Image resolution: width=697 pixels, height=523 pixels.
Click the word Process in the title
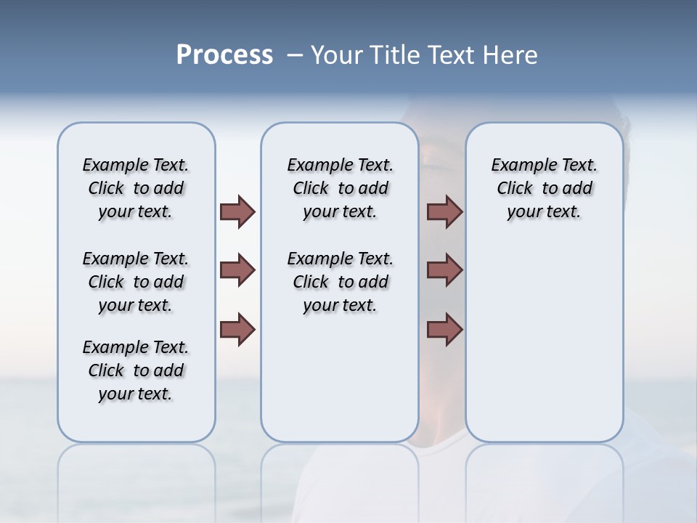pyautogui.click(x=224, y=54)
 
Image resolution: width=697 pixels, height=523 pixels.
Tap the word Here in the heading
pyautogui.click(x=510, y=54)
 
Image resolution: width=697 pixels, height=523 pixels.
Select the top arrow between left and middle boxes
pyautogui.click(x=237, y=212)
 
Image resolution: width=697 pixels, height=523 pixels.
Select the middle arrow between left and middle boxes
pyautogui.click(x=237, y=271)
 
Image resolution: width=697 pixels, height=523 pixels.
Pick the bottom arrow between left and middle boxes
pyautogui.click(x=237, y=330)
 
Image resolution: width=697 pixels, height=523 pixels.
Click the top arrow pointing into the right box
pyautogui.click(x=444, y=212)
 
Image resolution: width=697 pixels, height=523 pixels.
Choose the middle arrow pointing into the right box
pyautogui.click(x=444, y=271)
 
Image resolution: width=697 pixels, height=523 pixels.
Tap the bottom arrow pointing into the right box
pyautogui.click(x=444, y=330)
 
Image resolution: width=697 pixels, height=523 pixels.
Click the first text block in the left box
pyautogui.click(x=136, y=189)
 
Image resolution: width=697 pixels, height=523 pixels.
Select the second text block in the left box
pyautogui.click(x=136, y=282)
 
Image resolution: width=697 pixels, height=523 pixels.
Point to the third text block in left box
pyautogui.click(x=136, y=370)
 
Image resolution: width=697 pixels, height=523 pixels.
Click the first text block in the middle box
pyautogui.click(x=340, y=189)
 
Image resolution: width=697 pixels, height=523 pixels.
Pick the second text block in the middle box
pyautogui.click(x=340, y=282)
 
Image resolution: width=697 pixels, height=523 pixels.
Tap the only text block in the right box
pyautogui.click(x=544, y=189)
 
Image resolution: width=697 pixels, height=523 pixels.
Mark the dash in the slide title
pyautogui.click(x=295, y=55)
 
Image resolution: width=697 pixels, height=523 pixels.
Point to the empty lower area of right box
pyautogui.click(x=544, y=349)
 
